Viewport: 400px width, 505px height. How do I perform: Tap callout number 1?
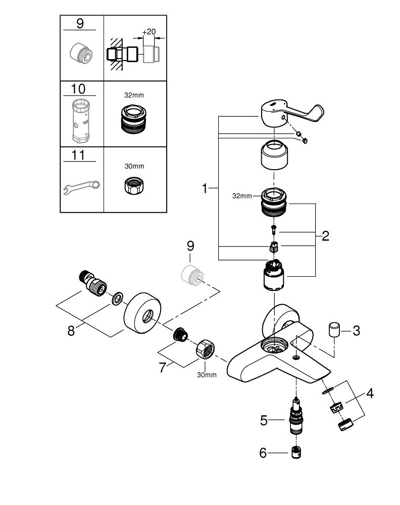pyautogui.click(x=205, y=189)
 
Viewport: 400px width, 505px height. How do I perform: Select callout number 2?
pyautogui.click(x=325, y=235)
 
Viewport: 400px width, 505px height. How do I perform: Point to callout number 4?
pyautogui.click(x=370, y=393)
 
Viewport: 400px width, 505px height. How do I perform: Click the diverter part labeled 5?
pyautogui.click(x=298, y=418)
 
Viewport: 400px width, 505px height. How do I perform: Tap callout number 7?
pyautogui.click(x=163, y=367)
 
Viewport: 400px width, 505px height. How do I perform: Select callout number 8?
pyautogui.click(x=71, y=331)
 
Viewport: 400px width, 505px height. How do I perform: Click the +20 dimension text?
pyautogui.click(x=149, y=32)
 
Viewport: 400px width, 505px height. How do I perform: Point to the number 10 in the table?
pyautogui.click(x=78, y=89)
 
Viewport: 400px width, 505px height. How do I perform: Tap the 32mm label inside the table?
pyautogui.click(x=134, y=94)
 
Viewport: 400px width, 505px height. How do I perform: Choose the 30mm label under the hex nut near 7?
pyautogui.click(x=207, y=374)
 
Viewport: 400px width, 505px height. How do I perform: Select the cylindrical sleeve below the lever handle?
pyautogui.click(x=274, y=157)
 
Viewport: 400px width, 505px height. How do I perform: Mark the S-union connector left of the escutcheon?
pyautogui.click(x=95, y=283)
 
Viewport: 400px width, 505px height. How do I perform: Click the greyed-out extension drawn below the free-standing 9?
pyautogui.click(x=191, y=274)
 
